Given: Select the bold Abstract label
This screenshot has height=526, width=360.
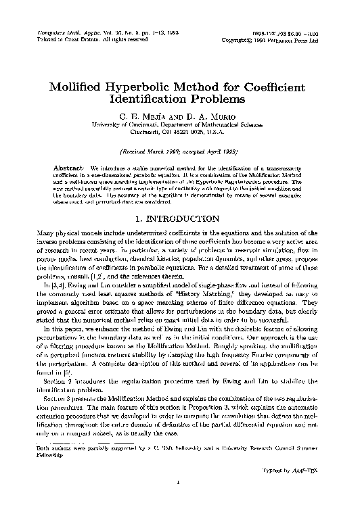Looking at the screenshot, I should tap(68, 166).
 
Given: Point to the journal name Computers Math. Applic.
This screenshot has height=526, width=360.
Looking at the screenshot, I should tap(60, 32).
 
